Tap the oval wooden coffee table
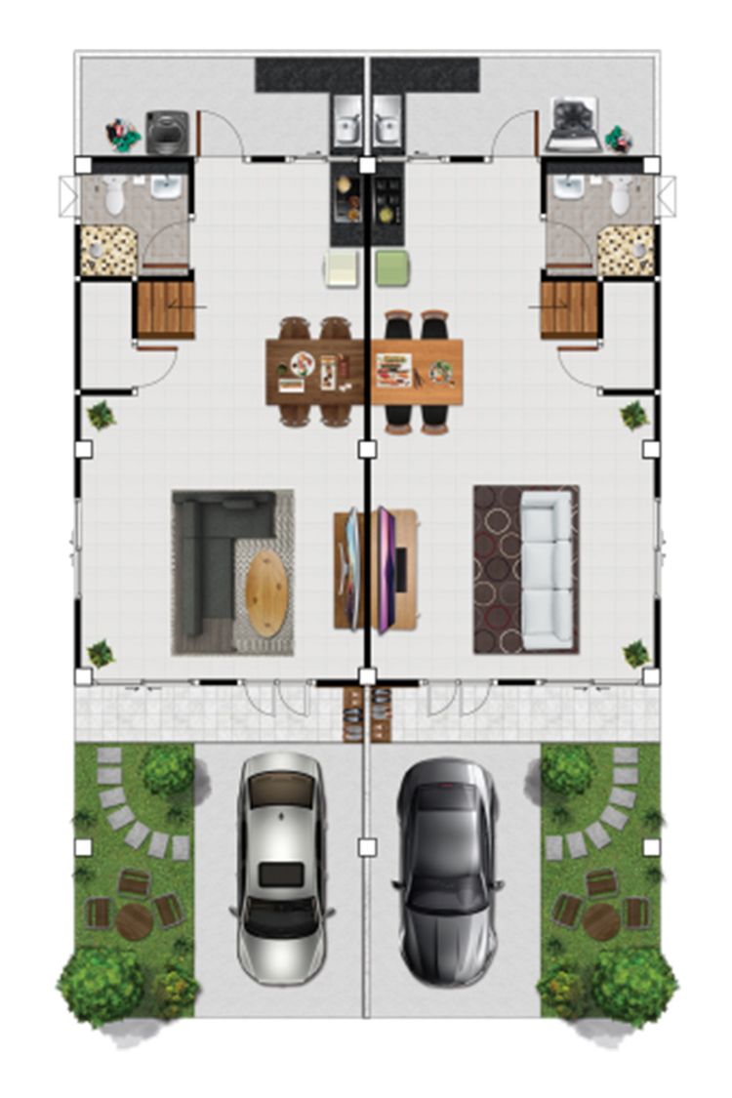[x=265, y=591]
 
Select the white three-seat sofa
[x=546, y=569]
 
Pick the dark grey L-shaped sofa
[x=210, y=556]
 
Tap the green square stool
[x=392, y=267]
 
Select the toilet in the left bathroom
[x=114, y=196]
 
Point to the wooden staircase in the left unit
[x=166, y=308]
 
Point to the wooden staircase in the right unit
[x=569, y=308]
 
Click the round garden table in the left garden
[x=134, y=920]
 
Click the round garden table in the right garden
[x=601, y=920]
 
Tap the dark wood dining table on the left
[x=316, y=371]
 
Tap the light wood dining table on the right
[x=417, y=371]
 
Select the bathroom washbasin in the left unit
[x=166, y=186]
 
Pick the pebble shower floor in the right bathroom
[x=626, y=250]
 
